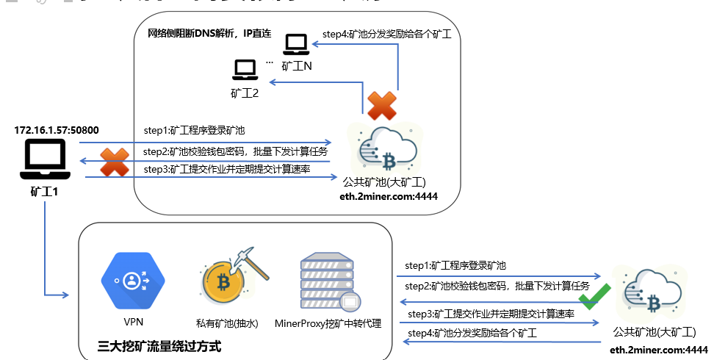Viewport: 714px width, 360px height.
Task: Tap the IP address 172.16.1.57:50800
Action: pyautogui.click(x=57, y=130)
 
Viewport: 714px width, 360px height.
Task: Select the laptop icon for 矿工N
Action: pyautogui.click(x=297, y=44)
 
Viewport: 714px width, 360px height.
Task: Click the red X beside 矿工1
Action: pyautogui.click(x=114, y=162)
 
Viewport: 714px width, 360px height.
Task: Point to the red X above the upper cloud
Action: pyautogui.click(x=382, y=106)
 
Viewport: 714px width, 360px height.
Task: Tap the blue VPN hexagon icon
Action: pyautogui.click(x=132, y=281)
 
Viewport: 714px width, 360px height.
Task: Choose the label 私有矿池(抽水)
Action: pyautogui.click(x=226, y=323)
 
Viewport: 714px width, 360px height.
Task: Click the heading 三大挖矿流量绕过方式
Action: pyautogui.click(x=159, y=345)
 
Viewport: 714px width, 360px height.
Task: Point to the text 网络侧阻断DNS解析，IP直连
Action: pyautogui.click(x=209, y=34)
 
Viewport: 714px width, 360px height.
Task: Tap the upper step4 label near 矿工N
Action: pyautogui.click(x=386, y=34)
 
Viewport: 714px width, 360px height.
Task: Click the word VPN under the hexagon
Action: pyautogui.click(x=132, y=322)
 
